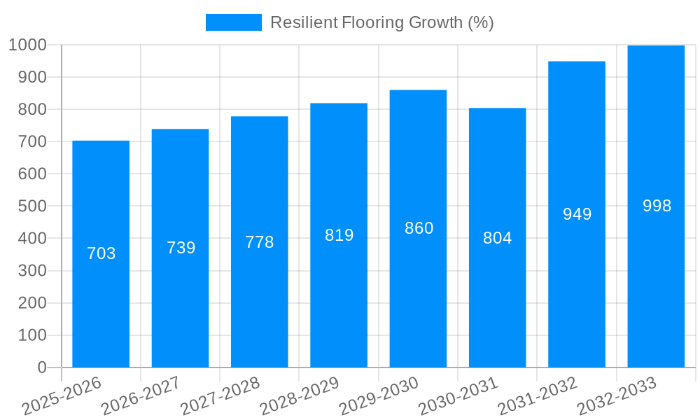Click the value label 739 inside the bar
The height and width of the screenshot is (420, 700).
pyautogui.click(x=181, y=248)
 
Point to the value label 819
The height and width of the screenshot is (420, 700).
pyautogui.click(x=339, y=235)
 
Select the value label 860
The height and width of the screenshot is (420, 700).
pyautogui.click(x=419, y=228)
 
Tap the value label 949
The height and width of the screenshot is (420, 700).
pyautogui.click(x=577, y=214)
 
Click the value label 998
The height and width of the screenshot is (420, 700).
pyautogui.click(x=657, y=206)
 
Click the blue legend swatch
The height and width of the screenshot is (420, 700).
pyautogui.click(x=233, y=22)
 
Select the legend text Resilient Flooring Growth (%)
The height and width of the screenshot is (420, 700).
pyautogui.click(x=382, y=22)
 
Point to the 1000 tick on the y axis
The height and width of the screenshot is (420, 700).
pyautogui.click(x=27, y=45)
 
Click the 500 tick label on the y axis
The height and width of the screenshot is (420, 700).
pyautogui.click(x=31, y=206)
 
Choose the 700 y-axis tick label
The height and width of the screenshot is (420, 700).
pyautogui.click(x=31, y=141)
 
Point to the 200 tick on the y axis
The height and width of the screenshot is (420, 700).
pyautogui.click(x=31, y=303)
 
